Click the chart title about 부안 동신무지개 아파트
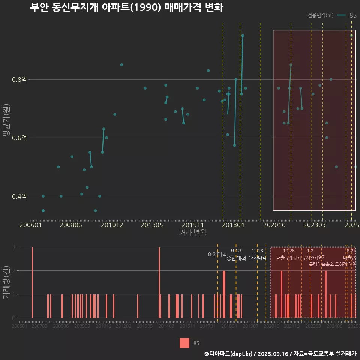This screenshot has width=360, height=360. coord(126,8)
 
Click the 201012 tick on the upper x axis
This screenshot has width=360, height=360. coord(112,225)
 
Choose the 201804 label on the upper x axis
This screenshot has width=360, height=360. coord(232,225)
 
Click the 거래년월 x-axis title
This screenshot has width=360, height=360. coord(193,232)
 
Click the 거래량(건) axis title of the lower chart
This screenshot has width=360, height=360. coord(6,282)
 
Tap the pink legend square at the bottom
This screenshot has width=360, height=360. coord(184,343)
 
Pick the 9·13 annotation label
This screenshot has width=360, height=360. coord(236,250)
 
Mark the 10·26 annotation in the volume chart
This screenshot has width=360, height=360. coord(289,250)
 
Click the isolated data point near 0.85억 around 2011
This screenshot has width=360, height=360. coord(121,64)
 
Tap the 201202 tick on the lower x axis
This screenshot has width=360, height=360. coord(123,327)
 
